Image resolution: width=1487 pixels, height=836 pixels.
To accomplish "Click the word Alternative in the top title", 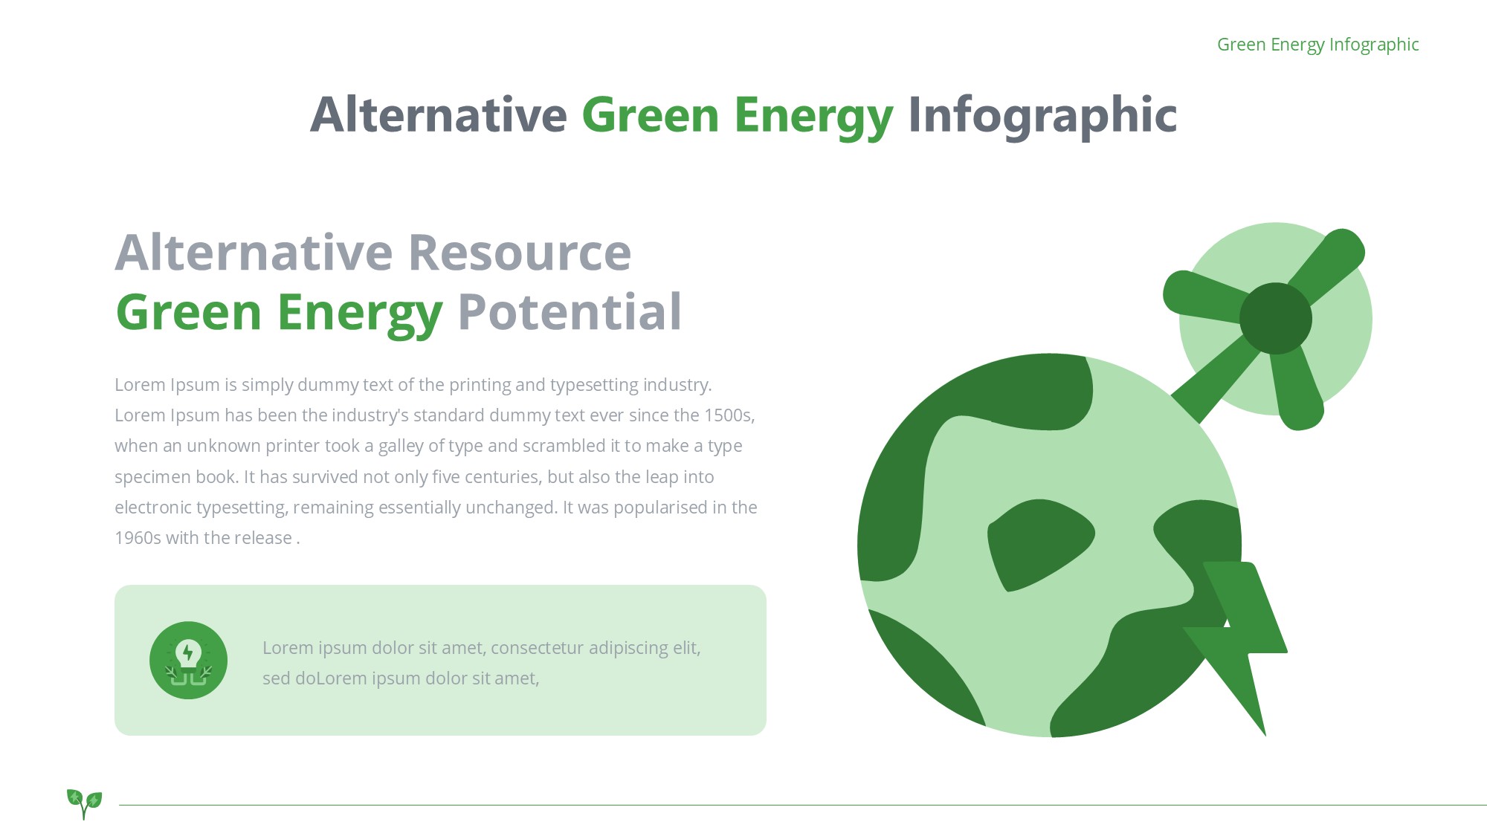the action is pyautogui.click(x=439, y=115).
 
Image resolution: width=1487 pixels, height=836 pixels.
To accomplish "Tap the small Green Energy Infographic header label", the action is pyautogui.click(x=1317, y=45).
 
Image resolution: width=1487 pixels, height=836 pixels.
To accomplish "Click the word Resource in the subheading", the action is pyautogui.click(x=520, y=252).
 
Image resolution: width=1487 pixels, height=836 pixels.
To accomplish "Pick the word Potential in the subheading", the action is pyautogui.click(x=570, y=312).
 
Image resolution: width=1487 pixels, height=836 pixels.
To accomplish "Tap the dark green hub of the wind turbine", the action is pyautogui.click(x=1276, y=318).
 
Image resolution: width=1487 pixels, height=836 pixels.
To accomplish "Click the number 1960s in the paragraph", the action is pyautogui.click(x=138, y=538).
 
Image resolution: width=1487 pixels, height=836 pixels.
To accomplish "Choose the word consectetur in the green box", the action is pyautogui.click(x=537, y=648).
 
